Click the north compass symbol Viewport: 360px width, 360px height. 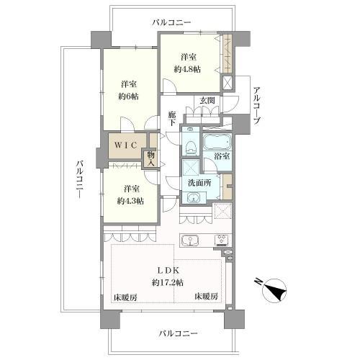pyautogui.click(x=274, y=290)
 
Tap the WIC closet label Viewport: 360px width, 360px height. pyautogui.click(x=126, y=145)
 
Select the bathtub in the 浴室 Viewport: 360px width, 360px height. pyautogui.click(x=217, y=143)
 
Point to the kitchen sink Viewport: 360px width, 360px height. pyautogui.click(x=190, y=240)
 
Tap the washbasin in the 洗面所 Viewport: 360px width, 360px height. pyautogui.click(x=192, y=198)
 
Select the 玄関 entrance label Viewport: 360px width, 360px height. pyautogui.click(x=207, y=101)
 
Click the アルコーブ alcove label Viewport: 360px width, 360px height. pyautogui.click(x=256, y=105)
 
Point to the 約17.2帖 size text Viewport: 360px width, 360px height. pyautogui.click(x=168, y=282)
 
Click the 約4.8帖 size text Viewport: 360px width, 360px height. pyautogui.click(x=187, y=69)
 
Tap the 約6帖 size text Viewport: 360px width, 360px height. pyautogui.click(x=128, y=96)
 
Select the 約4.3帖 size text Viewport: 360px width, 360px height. pyautogui.click(x=130, y=201)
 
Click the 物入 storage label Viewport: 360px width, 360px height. pyautogui.click(x=150, y=158)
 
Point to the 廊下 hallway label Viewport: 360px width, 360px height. pyautogui.click(x=171, y=119)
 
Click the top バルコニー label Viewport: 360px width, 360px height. pyautogui.click(x=171, y=23)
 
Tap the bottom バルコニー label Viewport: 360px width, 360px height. pyautogui.click(x=179, y=333)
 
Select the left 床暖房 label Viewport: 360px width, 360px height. pyautogui.click(x=125, y=297)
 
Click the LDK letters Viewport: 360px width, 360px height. pyautogui.click(x=168, y=271)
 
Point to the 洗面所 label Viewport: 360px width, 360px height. pyautogui.click(x=199, y=183)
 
